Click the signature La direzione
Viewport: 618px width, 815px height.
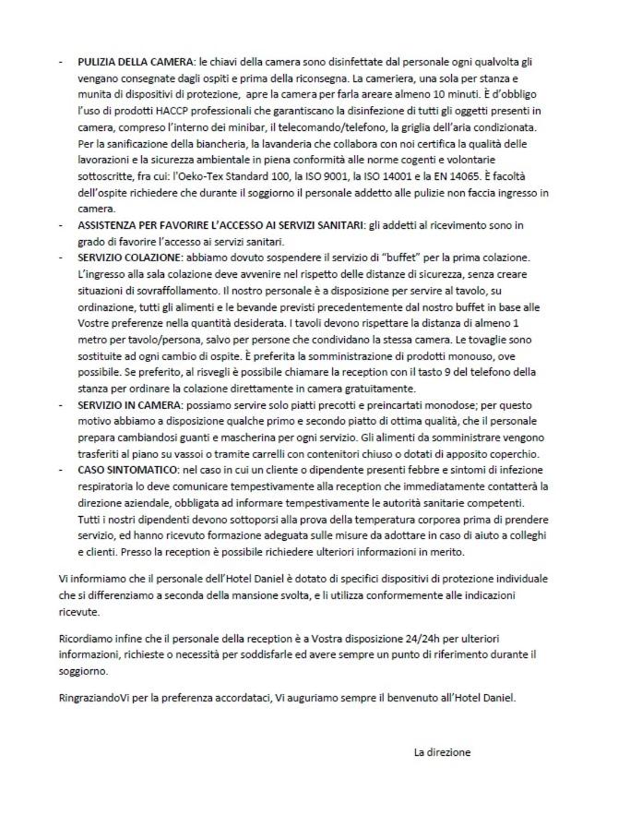click(443, 752)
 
